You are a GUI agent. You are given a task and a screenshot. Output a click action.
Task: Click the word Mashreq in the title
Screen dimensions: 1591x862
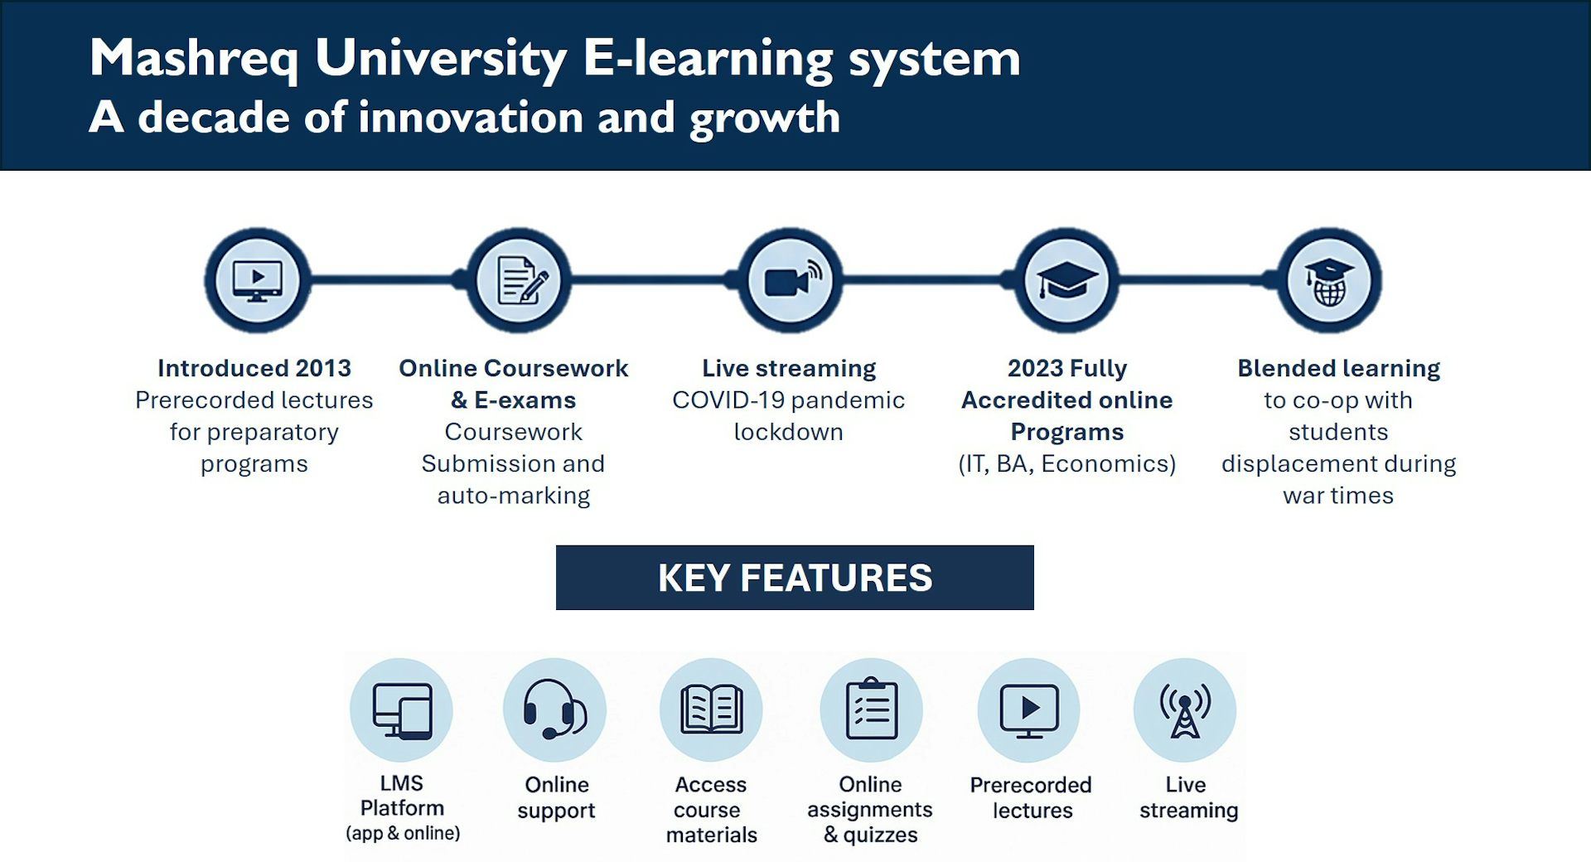[x=194, y=60]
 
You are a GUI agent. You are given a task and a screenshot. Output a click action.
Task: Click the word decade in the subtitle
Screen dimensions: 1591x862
[x=214, y=117]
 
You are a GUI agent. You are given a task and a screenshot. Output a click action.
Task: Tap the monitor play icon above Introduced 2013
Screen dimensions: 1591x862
[x=258, y=281]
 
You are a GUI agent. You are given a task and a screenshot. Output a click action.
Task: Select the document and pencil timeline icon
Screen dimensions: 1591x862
[x=520, y=281]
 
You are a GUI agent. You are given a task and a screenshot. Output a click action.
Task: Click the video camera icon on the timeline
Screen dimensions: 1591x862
[x=792, y=280]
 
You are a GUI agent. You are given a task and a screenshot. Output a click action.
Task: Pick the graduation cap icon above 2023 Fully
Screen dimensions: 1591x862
[x=1067, y=280]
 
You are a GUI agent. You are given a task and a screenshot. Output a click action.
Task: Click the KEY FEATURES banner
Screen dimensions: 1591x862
[x=795, y=578]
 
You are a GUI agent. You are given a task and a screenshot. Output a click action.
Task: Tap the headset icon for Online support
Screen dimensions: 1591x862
[x=554, y=709]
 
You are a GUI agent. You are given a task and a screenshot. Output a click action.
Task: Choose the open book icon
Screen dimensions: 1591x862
[x=711, y=709]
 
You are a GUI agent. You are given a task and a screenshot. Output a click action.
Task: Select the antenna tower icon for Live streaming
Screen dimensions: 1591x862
[x=1185, y=710]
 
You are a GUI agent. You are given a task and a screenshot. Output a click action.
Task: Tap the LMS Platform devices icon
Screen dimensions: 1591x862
[x=402, y=710]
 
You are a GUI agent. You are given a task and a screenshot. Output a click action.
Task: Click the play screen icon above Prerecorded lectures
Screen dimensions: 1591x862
[x=1029, y=710]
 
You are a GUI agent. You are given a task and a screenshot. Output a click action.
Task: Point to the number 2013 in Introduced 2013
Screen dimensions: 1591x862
[x=323, y=368]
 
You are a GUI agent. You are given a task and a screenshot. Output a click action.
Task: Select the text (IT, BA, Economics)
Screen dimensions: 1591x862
[x=1067, y=464]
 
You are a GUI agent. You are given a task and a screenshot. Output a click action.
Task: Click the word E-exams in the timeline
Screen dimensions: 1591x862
[x=525, y=400]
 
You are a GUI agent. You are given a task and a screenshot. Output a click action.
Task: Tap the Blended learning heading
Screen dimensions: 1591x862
[x=1339, y=369]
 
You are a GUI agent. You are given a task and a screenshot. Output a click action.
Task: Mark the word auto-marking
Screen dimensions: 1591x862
[x=514, y=496]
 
